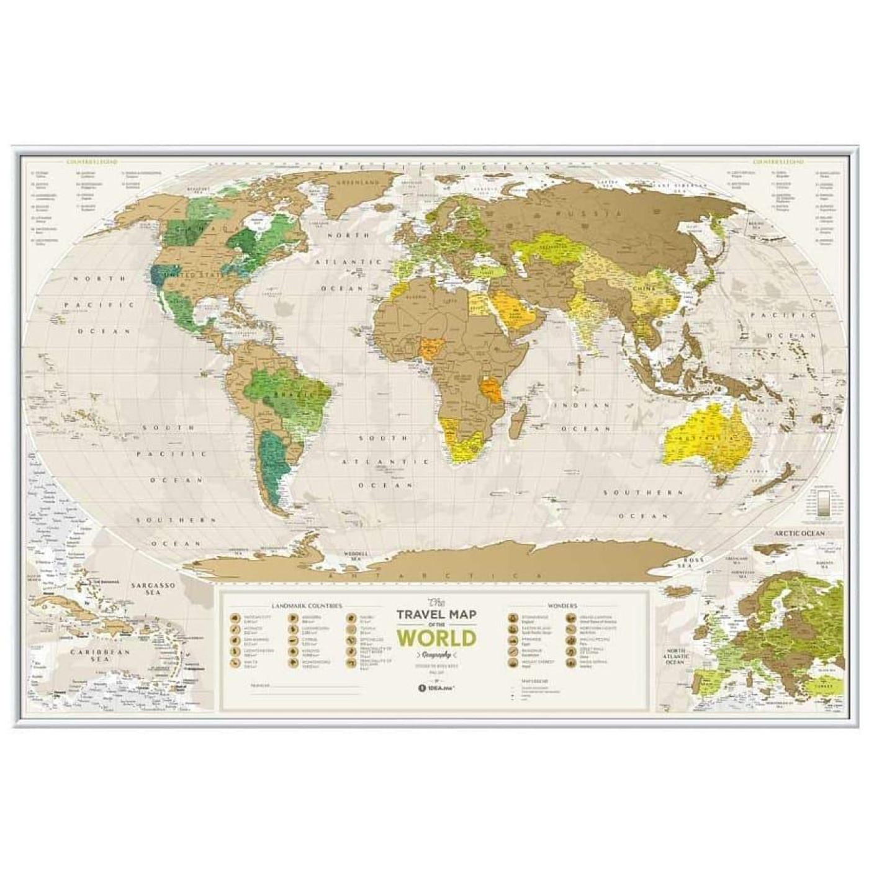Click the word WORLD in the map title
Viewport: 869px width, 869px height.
pos(436,637)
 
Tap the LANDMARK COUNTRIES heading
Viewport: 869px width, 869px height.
pos(306,605)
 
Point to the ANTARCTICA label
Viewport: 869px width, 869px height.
pos(438,577)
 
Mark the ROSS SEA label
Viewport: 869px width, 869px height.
pos(683,562)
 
